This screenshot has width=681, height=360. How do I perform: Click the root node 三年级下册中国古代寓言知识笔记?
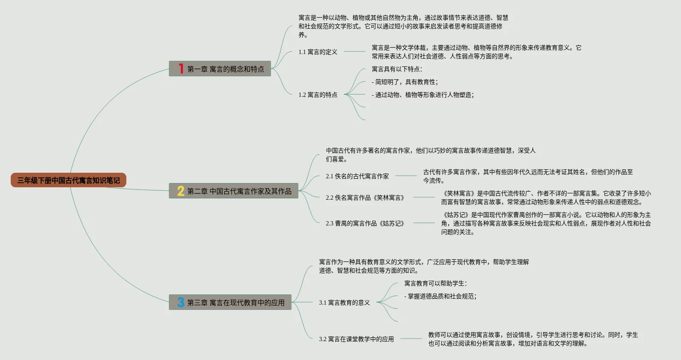pyautogui.click(x=69, y=180)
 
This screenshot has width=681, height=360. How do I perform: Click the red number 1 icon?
pyautogui.click(x=181, y=69)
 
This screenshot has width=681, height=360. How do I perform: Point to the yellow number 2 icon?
pyautogui.click(x=181, y=191)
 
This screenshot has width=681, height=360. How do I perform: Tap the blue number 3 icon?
pyautogui.click(x=181, y=303)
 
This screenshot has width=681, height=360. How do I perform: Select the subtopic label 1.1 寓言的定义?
pyautogui.click(x=318, y=52)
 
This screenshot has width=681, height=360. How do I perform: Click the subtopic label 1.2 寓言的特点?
pyautogui.click(x=318, y=95)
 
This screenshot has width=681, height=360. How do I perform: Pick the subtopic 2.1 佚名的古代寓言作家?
pyautogui.click(x=357, y=176)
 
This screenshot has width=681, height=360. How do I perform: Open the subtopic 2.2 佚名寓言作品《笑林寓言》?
pyautogui.click(x=365, y=198)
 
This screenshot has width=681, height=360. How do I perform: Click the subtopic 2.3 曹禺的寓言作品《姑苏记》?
pyautogui.click(x=365, y=223)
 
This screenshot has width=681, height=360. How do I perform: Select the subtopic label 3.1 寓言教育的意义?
pyautogui.click(x=344, y=303)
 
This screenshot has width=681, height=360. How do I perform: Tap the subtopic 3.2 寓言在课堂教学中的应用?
pyautogui.click(x=356, y=339)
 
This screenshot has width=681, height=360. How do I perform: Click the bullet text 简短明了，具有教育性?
pyautogui.click(x=405, y=82)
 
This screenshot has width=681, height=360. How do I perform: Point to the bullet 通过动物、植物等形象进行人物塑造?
pyautogui.click(x=423, y=95)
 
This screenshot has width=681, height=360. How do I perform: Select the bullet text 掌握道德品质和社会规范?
pyautogui.click(x=440, y=296)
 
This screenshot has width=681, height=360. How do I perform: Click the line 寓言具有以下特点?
pyautogui.click(x=397, y=69)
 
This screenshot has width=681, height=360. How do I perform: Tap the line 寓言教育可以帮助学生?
pyautogui.click(x=436, y=283)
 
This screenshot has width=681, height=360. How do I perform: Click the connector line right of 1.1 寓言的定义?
pyautogui.click(x=355, y=51)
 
